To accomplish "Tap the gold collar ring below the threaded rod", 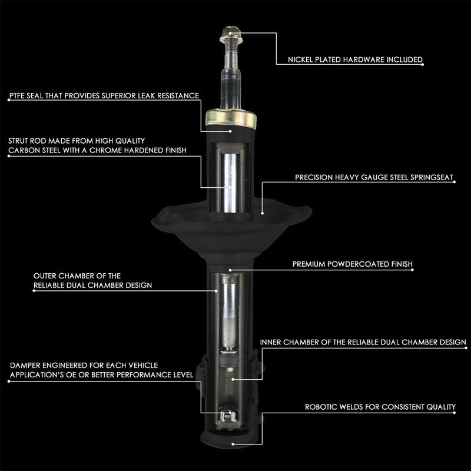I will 230,120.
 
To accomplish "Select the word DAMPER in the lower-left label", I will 25,366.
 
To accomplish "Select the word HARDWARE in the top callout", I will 367,60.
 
